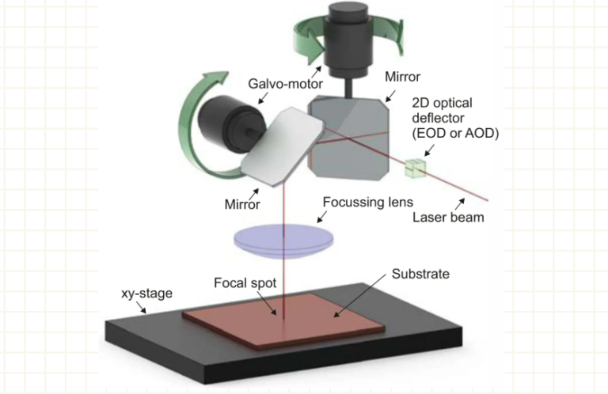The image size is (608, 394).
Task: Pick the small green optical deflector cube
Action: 415,167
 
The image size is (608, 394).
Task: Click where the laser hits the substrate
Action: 278,320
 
